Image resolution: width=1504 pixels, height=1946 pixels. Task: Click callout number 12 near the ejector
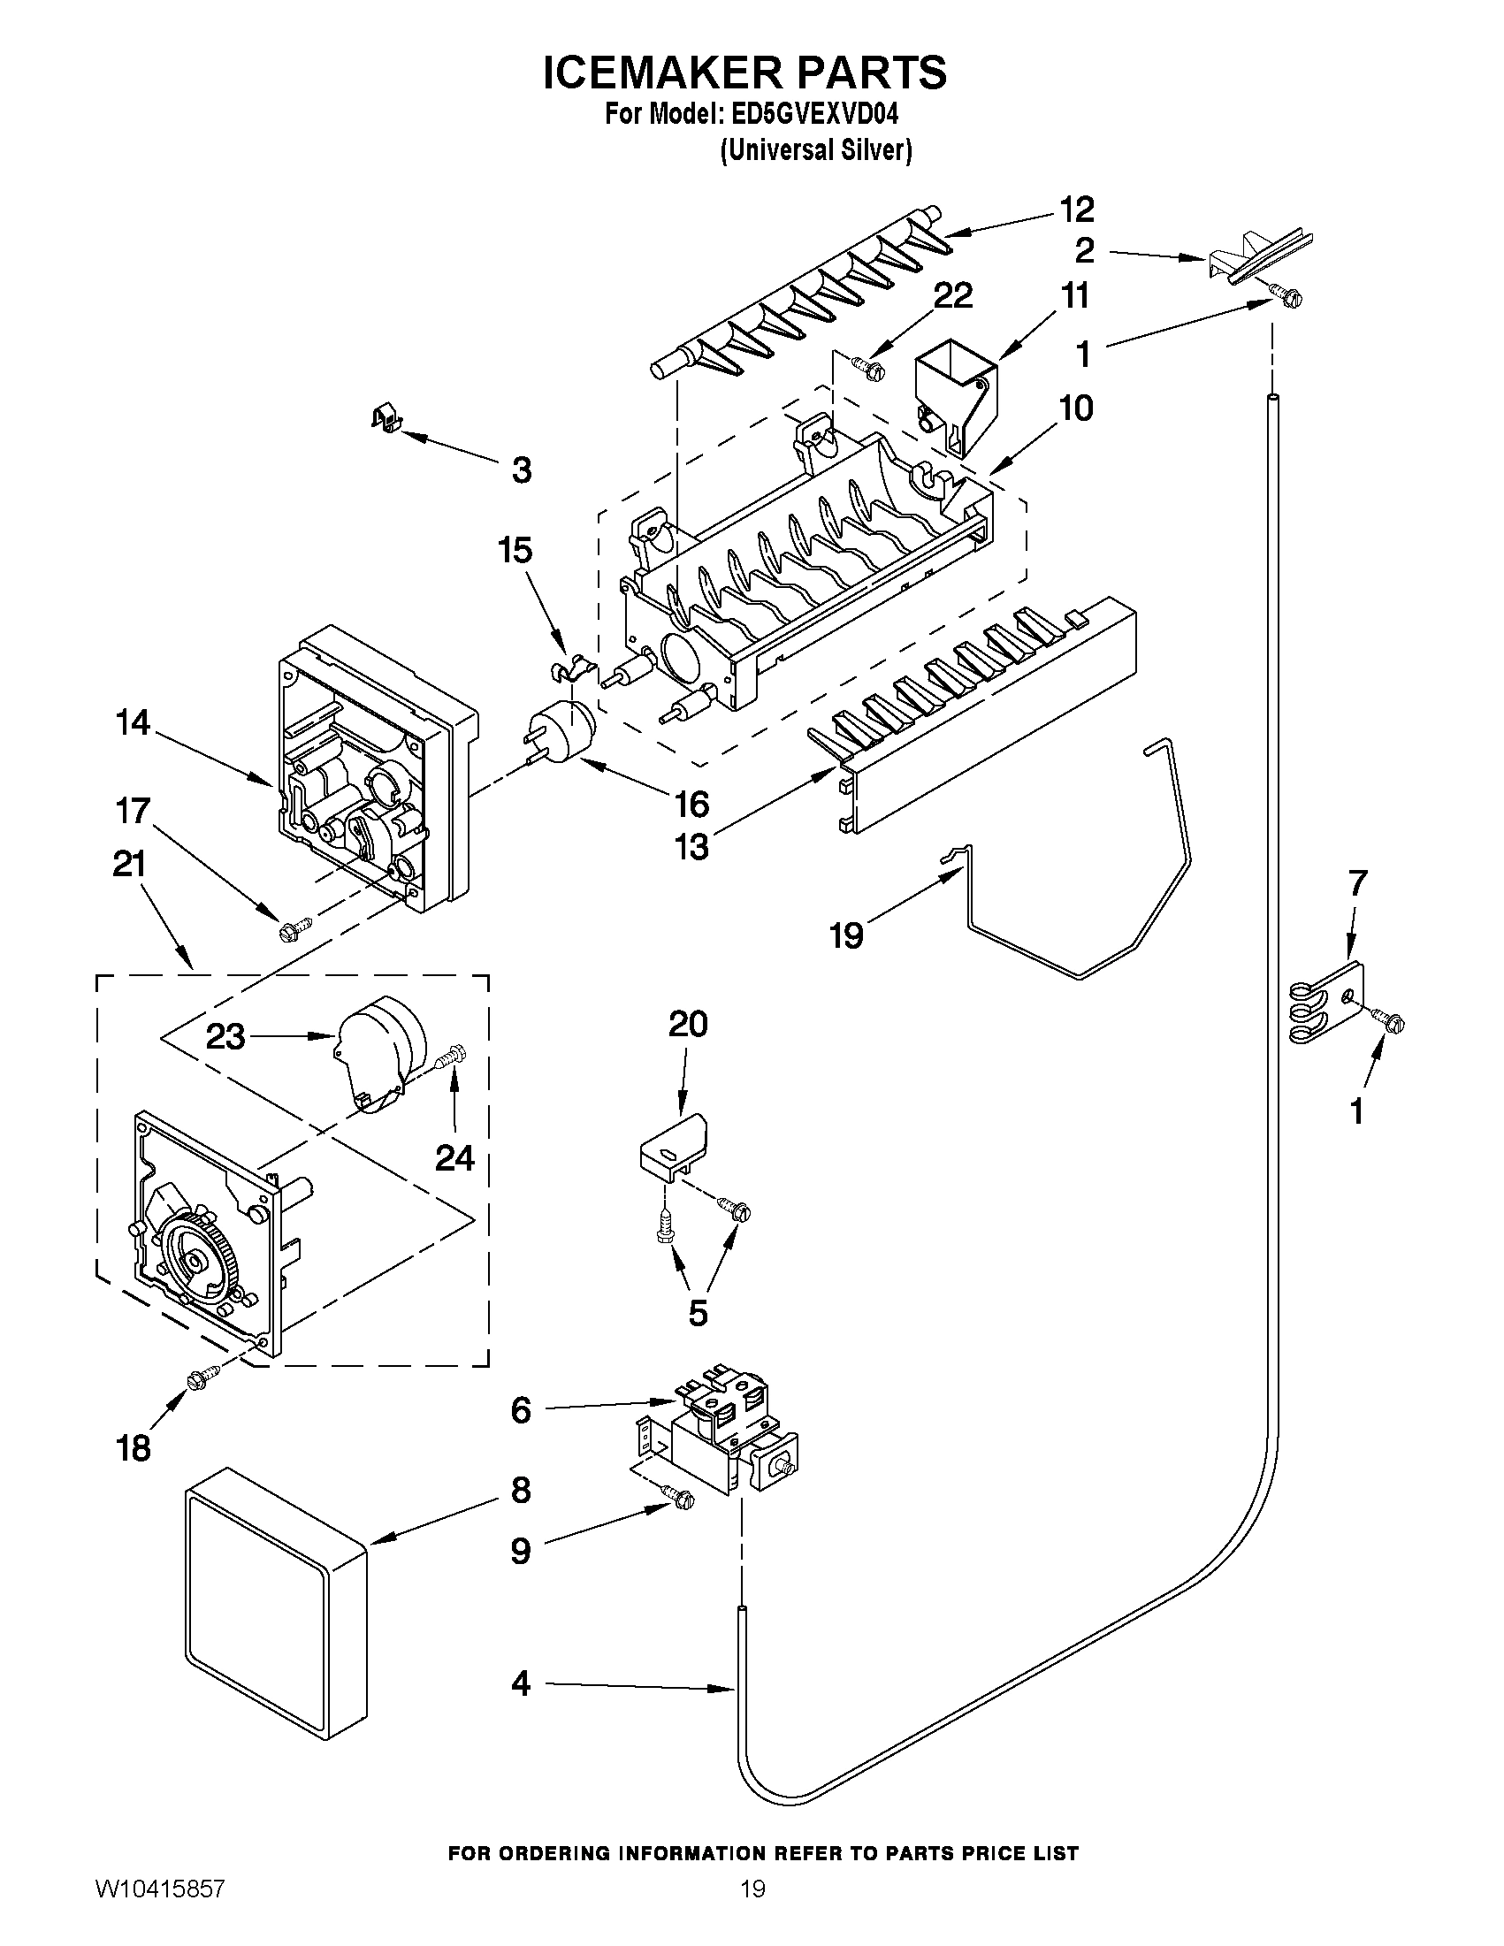[x=1075, y=210]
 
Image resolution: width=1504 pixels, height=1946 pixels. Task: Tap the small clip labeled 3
[x=384, y=416]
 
